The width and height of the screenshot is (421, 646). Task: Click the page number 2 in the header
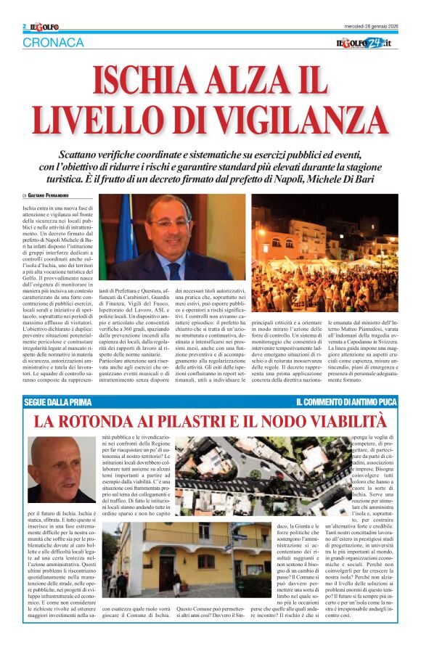coord(25,26)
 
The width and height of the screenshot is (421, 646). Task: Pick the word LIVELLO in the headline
coord(93,119)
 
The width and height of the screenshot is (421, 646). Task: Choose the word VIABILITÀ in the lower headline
coord(347,421)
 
